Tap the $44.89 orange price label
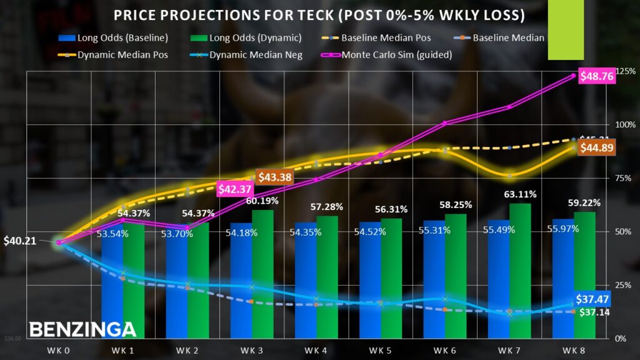pyautogui.click(x=597, y=148)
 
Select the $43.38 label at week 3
pyautogui.click(x=275, y=177)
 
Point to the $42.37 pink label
pyautogui.click(x=234, y=188)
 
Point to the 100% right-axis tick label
pyautogui.click(x=626, y=124)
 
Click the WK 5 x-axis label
pyautogui.click(x=381, y=350)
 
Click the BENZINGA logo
pyautogui.click(x=82, y=329)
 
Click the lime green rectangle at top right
pyautogui.click(x=565, y=30)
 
